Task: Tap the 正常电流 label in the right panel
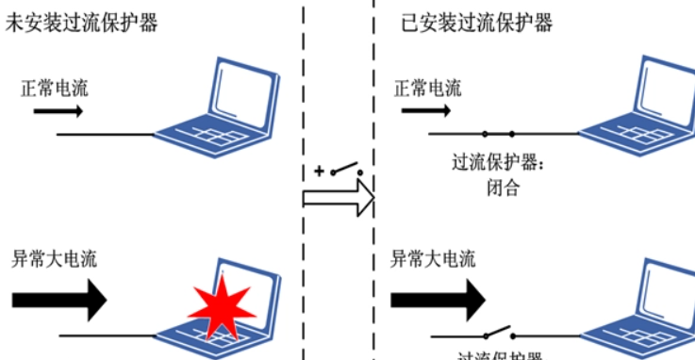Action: (x=428, y=89)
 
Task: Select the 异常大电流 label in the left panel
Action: (x=54, y=257)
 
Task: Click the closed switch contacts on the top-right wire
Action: (x=498, y=134)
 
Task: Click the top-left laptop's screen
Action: (x=241, y=90)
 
